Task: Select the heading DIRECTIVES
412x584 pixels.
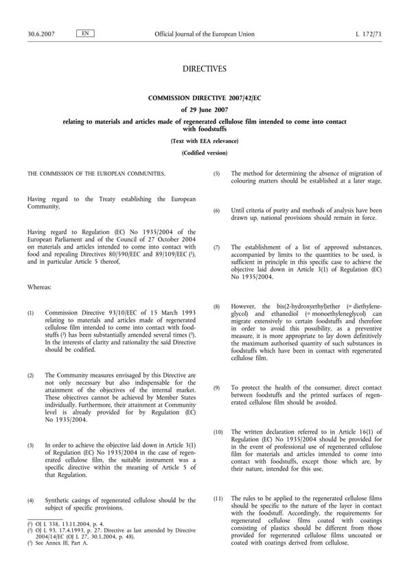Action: [x=205, y=69]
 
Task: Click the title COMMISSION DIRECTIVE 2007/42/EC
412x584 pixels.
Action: [x=205, y=98]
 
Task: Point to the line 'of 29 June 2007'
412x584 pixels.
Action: [x=205, y=110]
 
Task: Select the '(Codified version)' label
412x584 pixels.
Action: [x=205, y=153]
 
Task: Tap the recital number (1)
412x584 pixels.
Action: [x=30, y=313]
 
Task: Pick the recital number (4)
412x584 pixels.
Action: [x=30, y=501]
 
